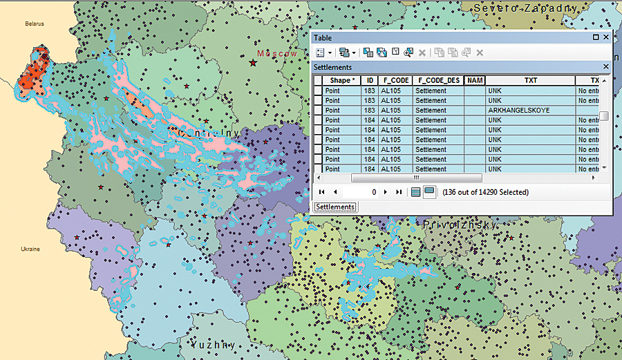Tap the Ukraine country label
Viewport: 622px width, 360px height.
[x=30, y=248]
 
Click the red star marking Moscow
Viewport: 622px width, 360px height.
[x=252, y=63]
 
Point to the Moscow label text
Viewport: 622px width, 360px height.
[x=276, y=53]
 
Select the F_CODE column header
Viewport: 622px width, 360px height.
[x=395, y=80]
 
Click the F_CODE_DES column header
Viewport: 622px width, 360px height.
[x=438, y=80]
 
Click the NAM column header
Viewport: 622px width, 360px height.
[x=474, y=80]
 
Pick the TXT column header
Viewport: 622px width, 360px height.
[x=530, y=80]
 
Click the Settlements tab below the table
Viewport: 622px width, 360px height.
[x=336, y=207]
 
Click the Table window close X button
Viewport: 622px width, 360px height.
[x=605, y=38]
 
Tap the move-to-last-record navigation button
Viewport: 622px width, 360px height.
[x=399, y=192]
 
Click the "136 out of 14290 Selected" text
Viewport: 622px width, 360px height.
[x=485, y=192]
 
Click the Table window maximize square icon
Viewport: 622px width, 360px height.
[x=595, y=38]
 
